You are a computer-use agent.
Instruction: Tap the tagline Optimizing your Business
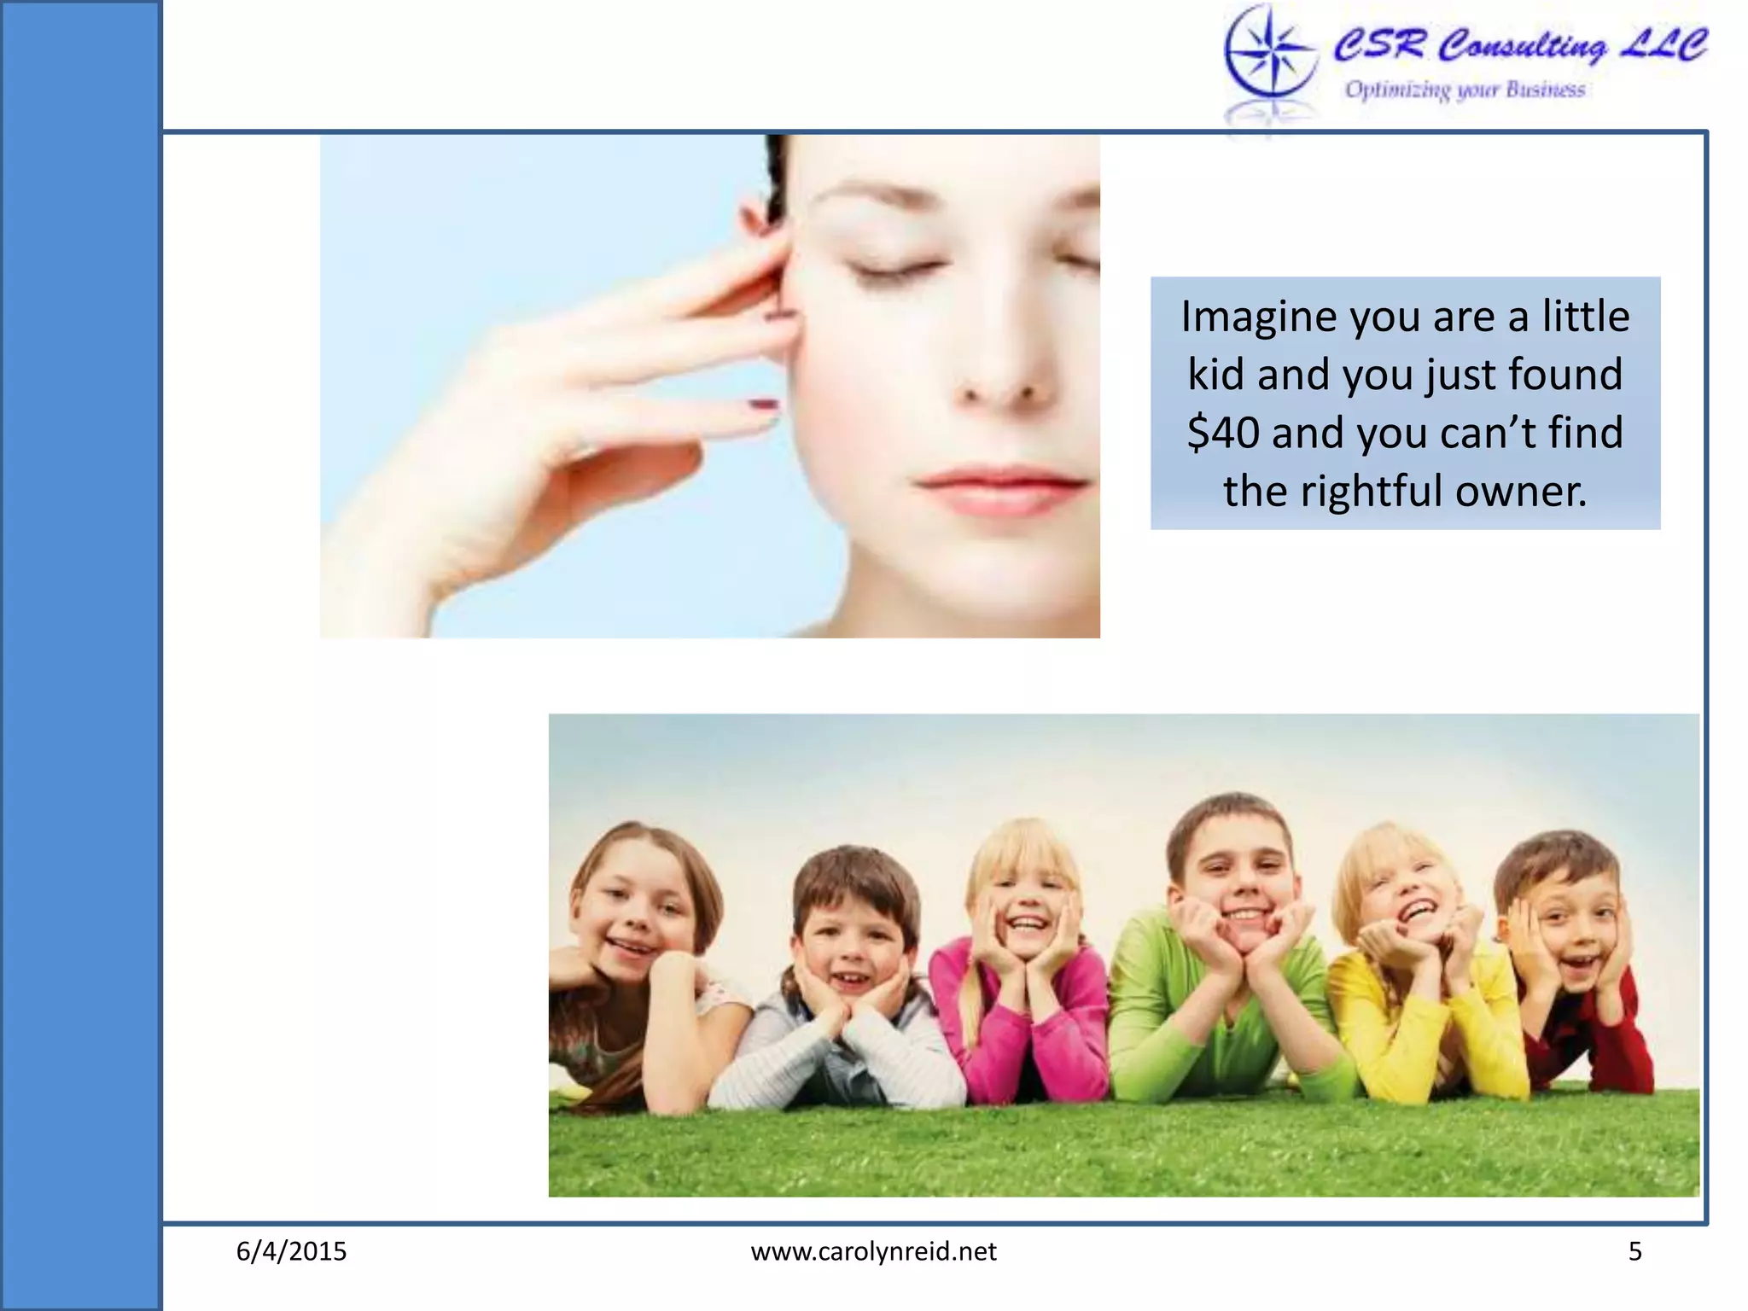[1465, 90]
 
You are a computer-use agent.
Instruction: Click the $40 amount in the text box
[1223, 432]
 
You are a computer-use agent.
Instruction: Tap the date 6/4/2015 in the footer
[291, 1251]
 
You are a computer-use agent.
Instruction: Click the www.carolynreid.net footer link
[873, 1251]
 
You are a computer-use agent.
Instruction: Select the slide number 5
[1634, 1251]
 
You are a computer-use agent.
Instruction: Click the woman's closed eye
[896, 271]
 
